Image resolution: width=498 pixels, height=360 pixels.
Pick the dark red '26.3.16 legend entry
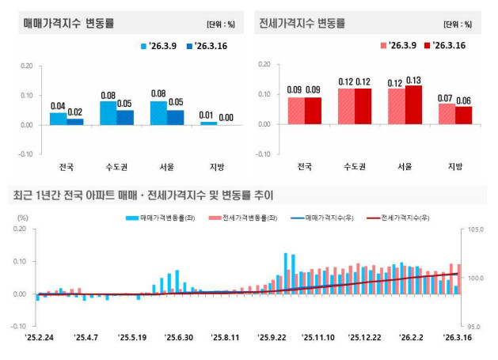click(x=446, y=47)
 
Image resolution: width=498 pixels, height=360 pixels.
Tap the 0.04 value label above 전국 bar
click(x=57, y=106)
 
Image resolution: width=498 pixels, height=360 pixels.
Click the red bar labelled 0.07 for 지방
click(x=447, y=114)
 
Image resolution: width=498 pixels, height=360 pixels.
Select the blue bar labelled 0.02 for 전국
click(x=75, y=121)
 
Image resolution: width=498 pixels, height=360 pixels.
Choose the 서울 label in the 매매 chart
click(x=158, y=166)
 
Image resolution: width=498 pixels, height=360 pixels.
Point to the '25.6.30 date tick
click(x=179, y=337)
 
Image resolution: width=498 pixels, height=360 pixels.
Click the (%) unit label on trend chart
click(x=22, y=217)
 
